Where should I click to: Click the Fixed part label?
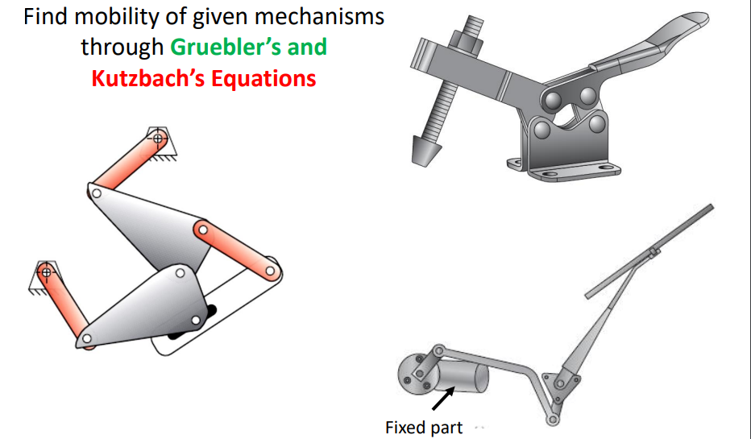tap(424, 427)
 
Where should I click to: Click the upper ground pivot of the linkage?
tap(157, 139)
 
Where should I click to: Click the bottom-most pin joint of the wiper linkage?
tap(552, 420)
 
